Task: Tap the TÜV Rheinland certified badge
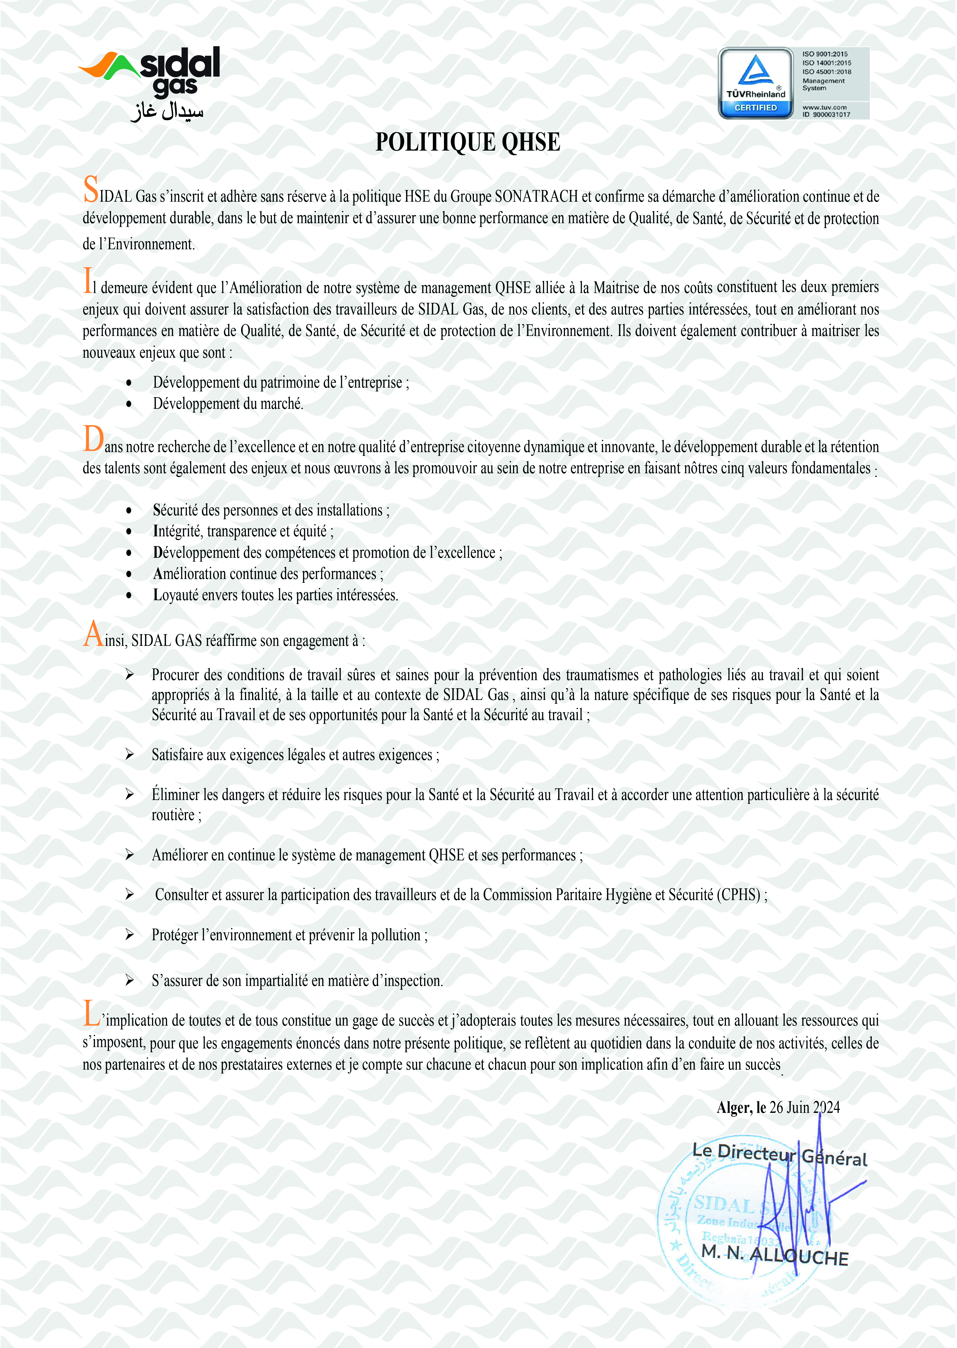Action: pos(756,83)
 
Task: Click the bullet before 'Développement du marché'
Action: pos(129,404)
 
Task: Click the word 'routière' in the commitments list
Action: pos(173,815)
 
